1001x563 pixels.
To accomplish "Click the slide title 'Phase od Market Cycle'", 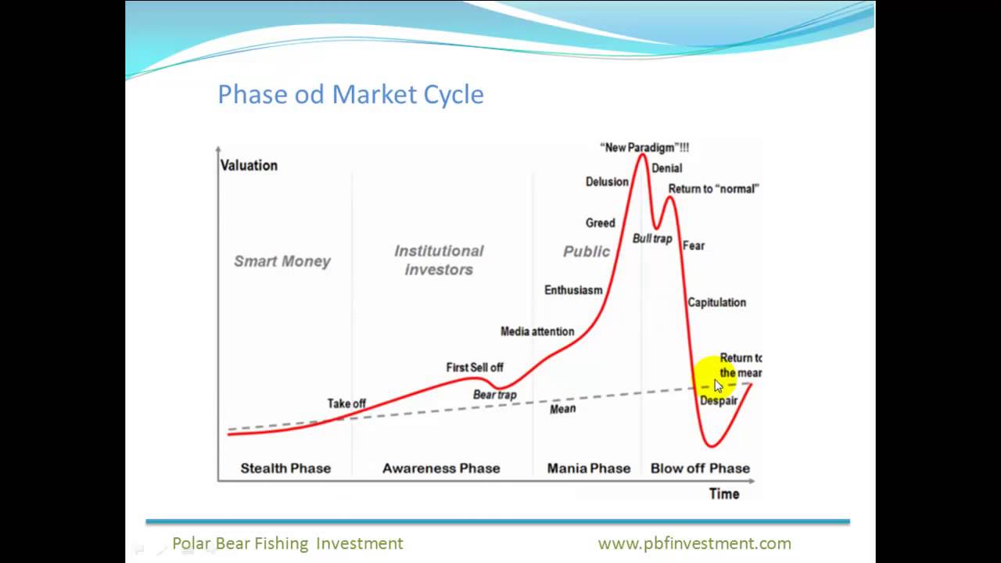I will pyautogui.click(x=350, y=95).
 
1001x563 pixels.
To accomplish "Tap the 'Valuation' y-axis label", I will pyautogui.click(x=249, y=165).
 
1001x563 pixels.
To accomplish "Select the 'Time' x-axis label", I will pyautogui.click(x=723, y=493).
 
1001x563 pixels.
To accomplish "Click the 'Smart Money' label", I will pyautogui.click(x=282, y=261).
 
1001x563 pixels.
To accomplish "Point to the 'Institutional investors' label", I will pyautogui.click(x=439, y=260).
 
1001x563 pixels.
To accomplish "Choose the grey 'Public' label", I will pyautogui.click(x=586, y=251).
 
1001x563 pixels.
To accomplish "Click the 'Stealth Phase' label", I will pyautogui.click(x=285, y=468).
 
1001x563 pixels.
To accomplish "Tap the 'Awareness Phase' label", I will pyautogui.click(x=441, y=468).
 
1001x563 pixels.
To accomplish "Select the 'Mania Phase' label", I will pyautogui.click(x=588, y=468).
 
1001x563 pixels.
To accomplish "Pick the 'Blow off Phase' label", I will pyautogui.click(x=700, y=468).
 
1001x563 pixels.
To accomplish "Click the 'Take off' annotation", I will pyautogui.click(x=346, y=403).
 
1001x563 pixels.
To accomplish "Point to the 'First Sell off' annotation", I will pyautogui.click(x=475, y=367).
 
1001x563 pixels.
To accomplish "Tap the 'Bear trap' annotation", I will pyautogui.click(x=495, y=395).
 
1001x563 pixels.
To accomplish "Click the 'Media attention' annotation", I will pyautogui.click(x=537, y=332).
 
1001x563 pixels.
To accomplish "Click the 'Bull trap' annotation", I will pyautogui.click(x=652, y=238).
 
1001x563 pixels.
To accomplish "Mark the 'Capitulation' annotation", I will pyautogui.click(x=716, y=303).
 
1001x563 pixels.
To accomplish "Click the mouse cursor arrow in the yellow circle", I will pyautogui.click(x=719, y=385).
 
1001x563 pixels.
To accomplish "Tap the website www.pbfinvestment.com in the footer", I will pyautogui.click(x=694, y=543).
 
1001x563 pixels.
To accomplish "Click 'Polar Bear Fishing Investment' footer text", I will pyautogui.click(x=288, y=543).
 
